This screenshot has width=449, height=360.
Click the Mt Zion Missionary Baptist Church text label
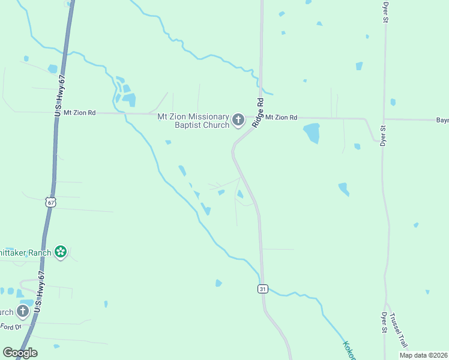point(193,121)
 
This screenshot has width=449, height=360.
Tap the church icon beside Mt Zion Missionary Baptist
point(238,121)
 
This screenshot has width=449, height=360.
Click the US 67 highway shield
point(51,202)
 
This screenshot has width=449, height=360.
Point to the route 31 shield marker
point(262,289)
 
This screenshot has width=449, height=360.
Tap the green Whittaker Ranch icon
point(60,251)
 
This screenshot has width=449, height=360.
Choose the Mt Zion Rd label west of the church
point(80,112)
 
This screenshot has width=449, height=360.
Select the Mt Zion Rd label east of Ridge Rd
point(282,118)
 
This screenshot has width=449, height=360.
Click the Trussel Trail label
point(398,331)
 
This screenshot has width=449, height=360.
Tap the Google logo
point(20,353)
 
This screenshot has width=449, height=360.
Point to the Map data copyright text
point(424,355)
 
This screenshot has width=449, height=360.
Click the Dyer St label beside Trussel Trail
point(384,323)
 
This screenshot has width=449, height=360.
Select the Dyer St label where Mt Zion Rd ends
point(383,136)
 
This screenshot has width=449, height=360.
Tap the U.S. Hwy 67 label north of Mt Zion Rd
point(59,96)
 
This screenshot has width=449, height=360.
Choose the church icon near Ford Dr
point(23,311)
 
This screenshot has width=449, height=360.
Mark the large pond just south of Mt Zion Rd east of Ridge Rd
point(311,132)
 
